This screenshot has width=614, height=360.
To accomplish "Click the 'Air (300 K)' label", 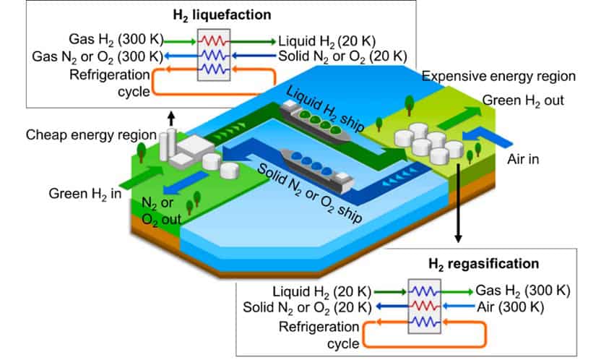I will coord(509,307).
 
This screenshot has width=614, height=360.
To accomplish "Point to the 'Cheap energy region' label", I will coord(90,135).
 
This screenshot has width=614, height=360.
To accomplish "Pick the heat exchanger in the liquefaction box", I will coord(215,55).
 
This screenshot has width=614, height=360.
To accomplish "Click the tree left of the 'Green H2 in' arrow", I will coord(141,153).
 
